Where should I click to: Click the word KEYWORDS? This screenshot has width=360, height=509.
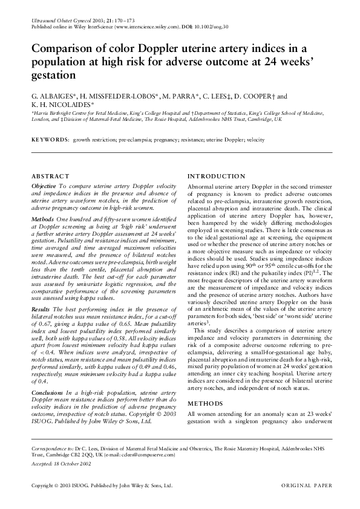coord(50,140)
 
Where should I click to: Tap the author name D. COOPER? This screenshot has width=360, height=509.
coord(247,96)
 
